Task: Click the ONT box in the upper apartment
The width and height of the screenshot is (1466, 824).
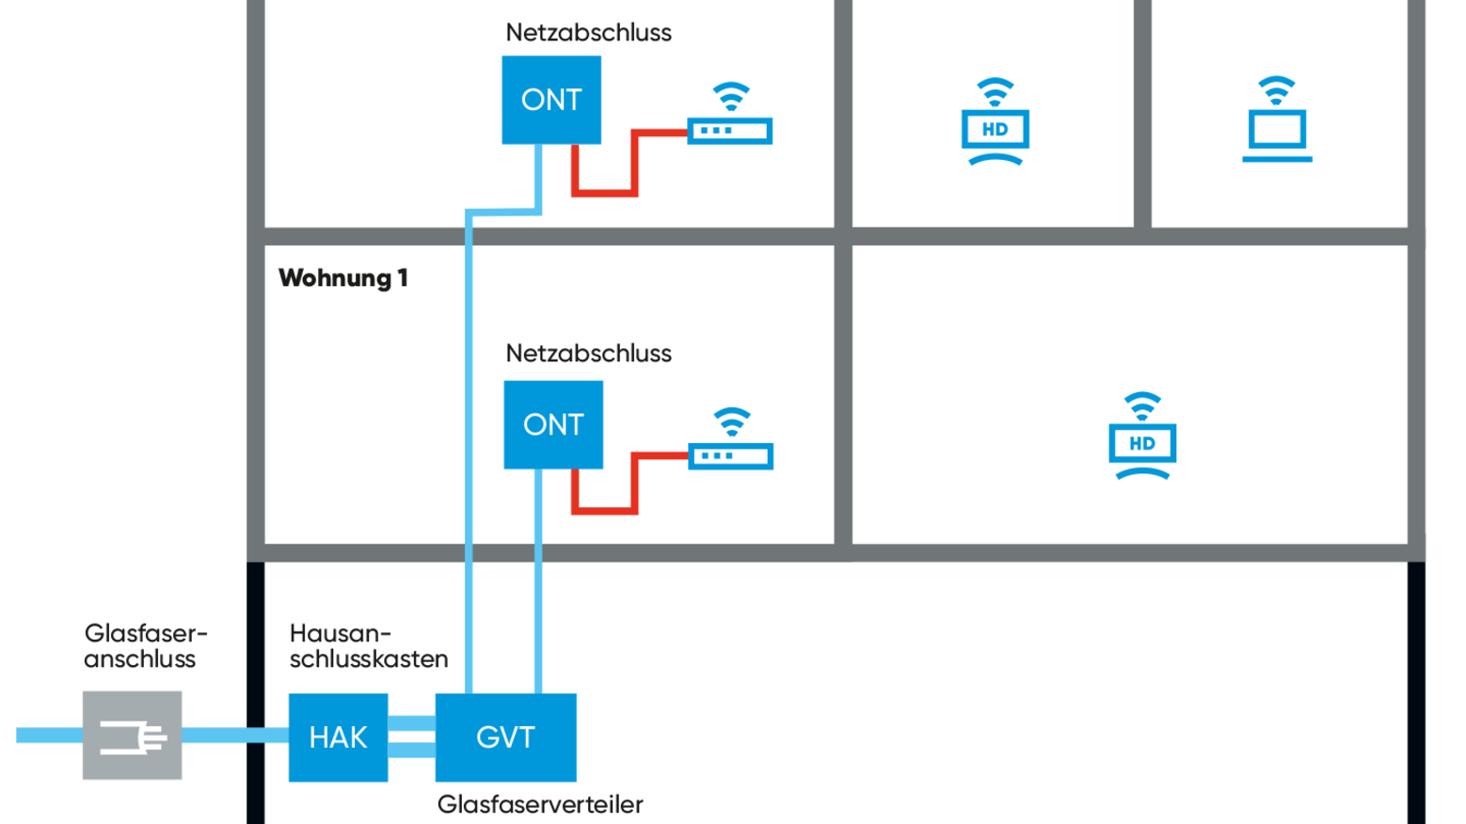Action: [x=551, y=100]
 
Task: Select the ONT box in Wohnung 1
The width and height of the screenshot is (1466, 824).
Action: [x=553, y=424]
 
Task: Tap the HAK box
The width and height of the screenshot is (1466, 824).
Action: [x=338, y=737]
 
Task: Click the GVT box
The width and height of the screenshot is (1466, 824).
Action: [x=505, y=737]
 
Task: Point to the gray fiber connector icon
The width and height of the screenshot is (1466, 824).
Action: [x=133, y=736]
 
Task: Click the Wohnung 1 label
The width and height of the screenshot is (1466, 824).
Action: [x=343, y=278]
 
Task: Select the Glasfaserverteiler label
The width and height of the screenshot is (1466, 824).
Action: [x=540, y=804]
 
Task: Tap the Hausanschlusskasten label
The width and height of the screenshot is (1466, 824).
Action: [x=368, y=646]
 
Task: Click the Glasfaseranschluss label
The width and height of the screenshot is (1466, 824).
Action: [x=144, y=646]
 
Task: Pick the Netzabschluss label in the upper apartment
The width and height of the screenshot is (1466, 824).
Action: [x=588, y=33]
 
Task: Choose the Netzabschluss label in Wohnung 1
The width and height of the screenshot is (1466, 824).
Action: [x=588, y=354]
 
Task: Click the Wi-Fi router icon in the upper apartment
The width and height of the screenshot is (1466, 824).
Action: [x=730, y=130]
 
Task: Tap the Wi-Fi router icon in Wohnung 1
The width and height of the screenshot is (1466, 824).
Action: [x=731, y=456]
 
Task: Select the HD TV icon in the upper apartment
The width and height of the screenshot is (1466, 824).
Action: [x=995, y=129]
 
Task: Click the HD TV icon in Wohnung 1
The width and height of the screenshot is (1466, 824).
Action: [x=1142, y=443]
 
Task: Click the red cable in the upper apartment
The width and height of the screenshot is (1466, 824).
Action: [x=605, y=192]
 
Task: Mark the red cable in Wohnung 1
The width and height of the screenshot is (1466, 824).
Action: [x=605, y=510]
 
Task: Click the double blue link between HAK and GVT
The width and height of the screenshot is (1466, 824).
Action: [x=411, y=737]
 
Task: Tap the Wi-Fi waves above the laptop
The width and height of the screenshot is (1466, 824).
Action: [x=1277, y=90]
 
